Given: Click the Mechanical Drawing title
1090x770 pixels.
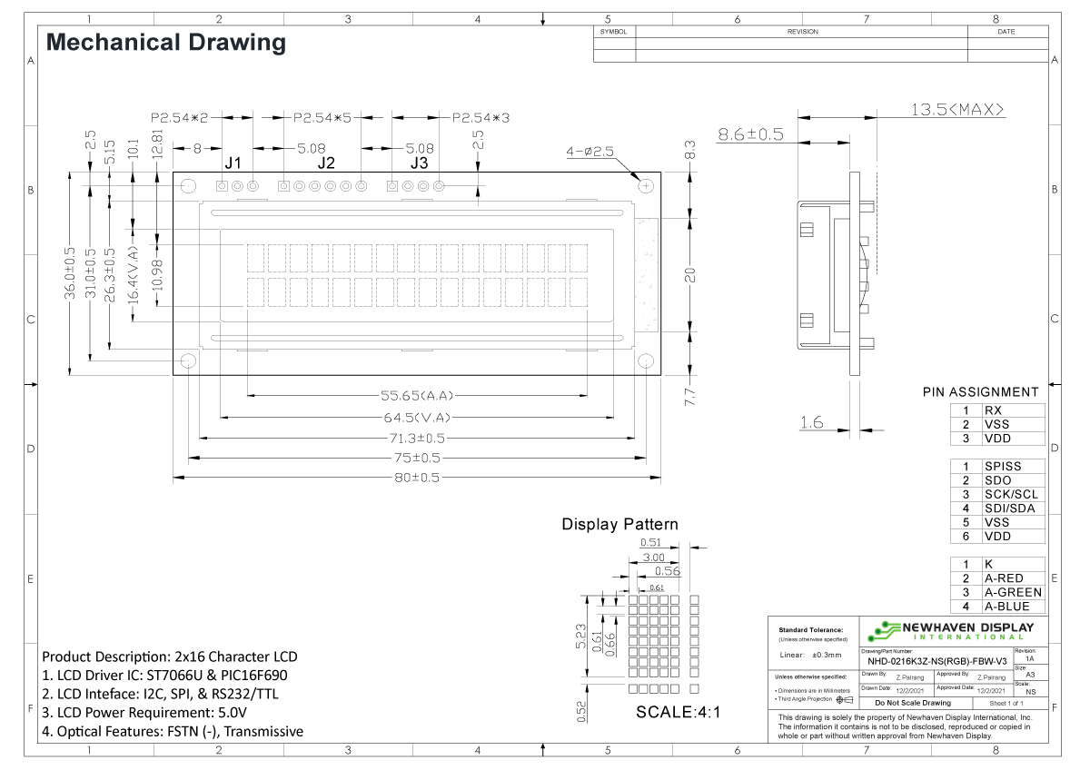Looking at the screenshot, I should tap(165, 42).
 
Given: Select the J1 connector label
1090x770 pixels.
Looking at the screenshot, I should tap(233, 163).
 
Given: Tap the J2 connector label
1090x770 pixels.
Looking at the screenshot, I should tap(325, 163).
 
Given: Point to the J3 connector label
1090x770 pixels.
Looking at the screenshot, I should tap(419, 163).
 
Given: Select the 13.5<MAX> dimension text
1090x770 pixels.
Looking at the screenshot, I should tap(957, 110).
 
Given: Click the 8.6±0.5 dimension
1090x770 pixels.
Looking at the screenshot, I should tap(751, 134).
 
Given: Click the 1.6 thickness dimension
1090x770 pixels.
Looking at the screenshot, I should tap(812, 421).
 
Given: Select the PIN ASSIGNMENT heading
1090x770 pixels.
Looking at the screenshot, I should tap(980, 392).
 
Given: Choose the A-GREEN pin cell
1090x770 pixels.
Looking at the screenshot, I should tap(1013, 592).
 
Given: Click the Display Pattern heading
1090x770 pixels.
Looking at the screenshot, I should tap(619, 525).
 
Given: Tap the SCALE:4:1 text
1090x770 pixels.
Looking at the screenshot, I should tap(678, 712).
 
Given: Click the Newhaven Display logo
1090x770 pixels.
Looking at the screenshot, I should tap(950, 630).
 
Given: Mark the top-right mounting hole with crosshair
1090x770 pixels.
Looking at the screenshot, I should tap(647, 186).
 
